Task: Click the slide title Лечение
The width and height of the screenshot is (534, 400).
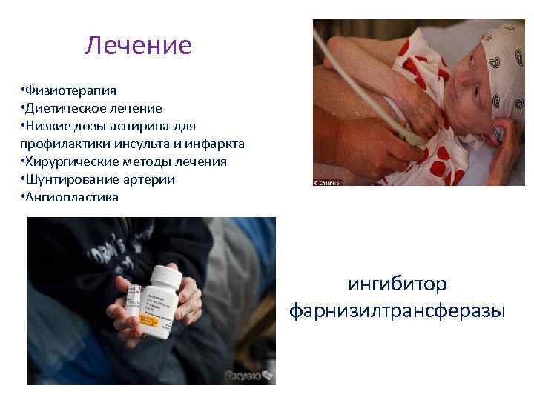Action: tap(138, 46)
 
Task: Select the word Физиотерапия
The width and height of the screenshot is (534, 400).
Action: tap(70, 90)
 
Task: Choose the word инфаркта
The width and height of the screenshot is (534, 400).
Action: tap(216, 144)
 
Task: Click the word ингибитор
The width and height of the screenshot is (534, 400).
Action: tap(398, 284)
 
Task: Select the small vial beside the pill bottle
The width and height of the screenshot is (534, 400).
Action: tap(134, 307)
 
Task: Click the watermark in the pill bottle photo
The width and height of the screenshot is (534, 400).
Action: tap(248, 376)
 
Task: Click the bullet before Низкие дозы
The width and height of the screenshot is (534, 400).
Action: tap(23, 126)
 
